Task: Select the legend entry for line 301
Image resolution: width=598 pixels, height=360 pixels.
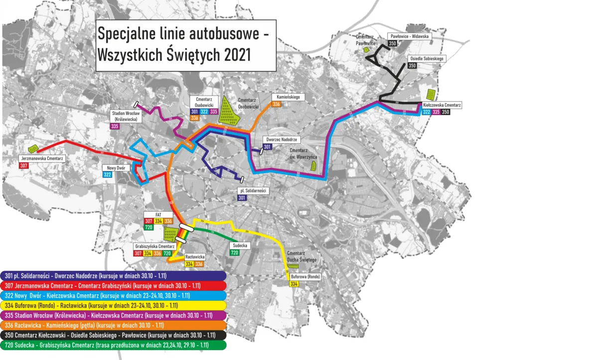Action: [x=114, y=275]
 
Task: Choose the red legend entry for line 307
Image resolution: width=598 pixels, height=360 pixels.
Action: [x=114, y=286]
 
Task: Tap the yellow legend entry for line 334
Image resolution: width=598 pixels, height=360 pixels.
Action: [x=114, y=305]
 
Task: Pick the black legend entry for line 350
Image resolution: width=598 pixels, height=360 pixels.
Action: [x=114, y=335]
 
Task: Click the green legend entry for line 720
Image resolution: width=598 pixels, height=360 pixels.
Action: [x=114, y=345]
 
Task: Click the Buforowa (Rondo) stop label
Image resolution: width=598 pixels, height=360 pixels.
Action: [x=305, y=277]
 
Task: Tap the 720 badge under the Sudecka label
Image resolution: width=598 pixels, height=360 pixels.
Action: [x=234, y=253]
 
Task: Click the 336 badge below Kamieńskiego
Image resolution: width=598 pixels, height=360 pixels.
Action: [x=277, y=104]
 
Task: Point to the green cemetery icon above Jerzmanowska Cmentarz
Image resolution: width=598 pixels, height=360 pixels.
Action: [x=33, y=148]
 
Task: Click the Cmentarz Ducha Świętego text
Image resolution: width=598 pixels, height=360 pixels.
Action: [x=301, y=256]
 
